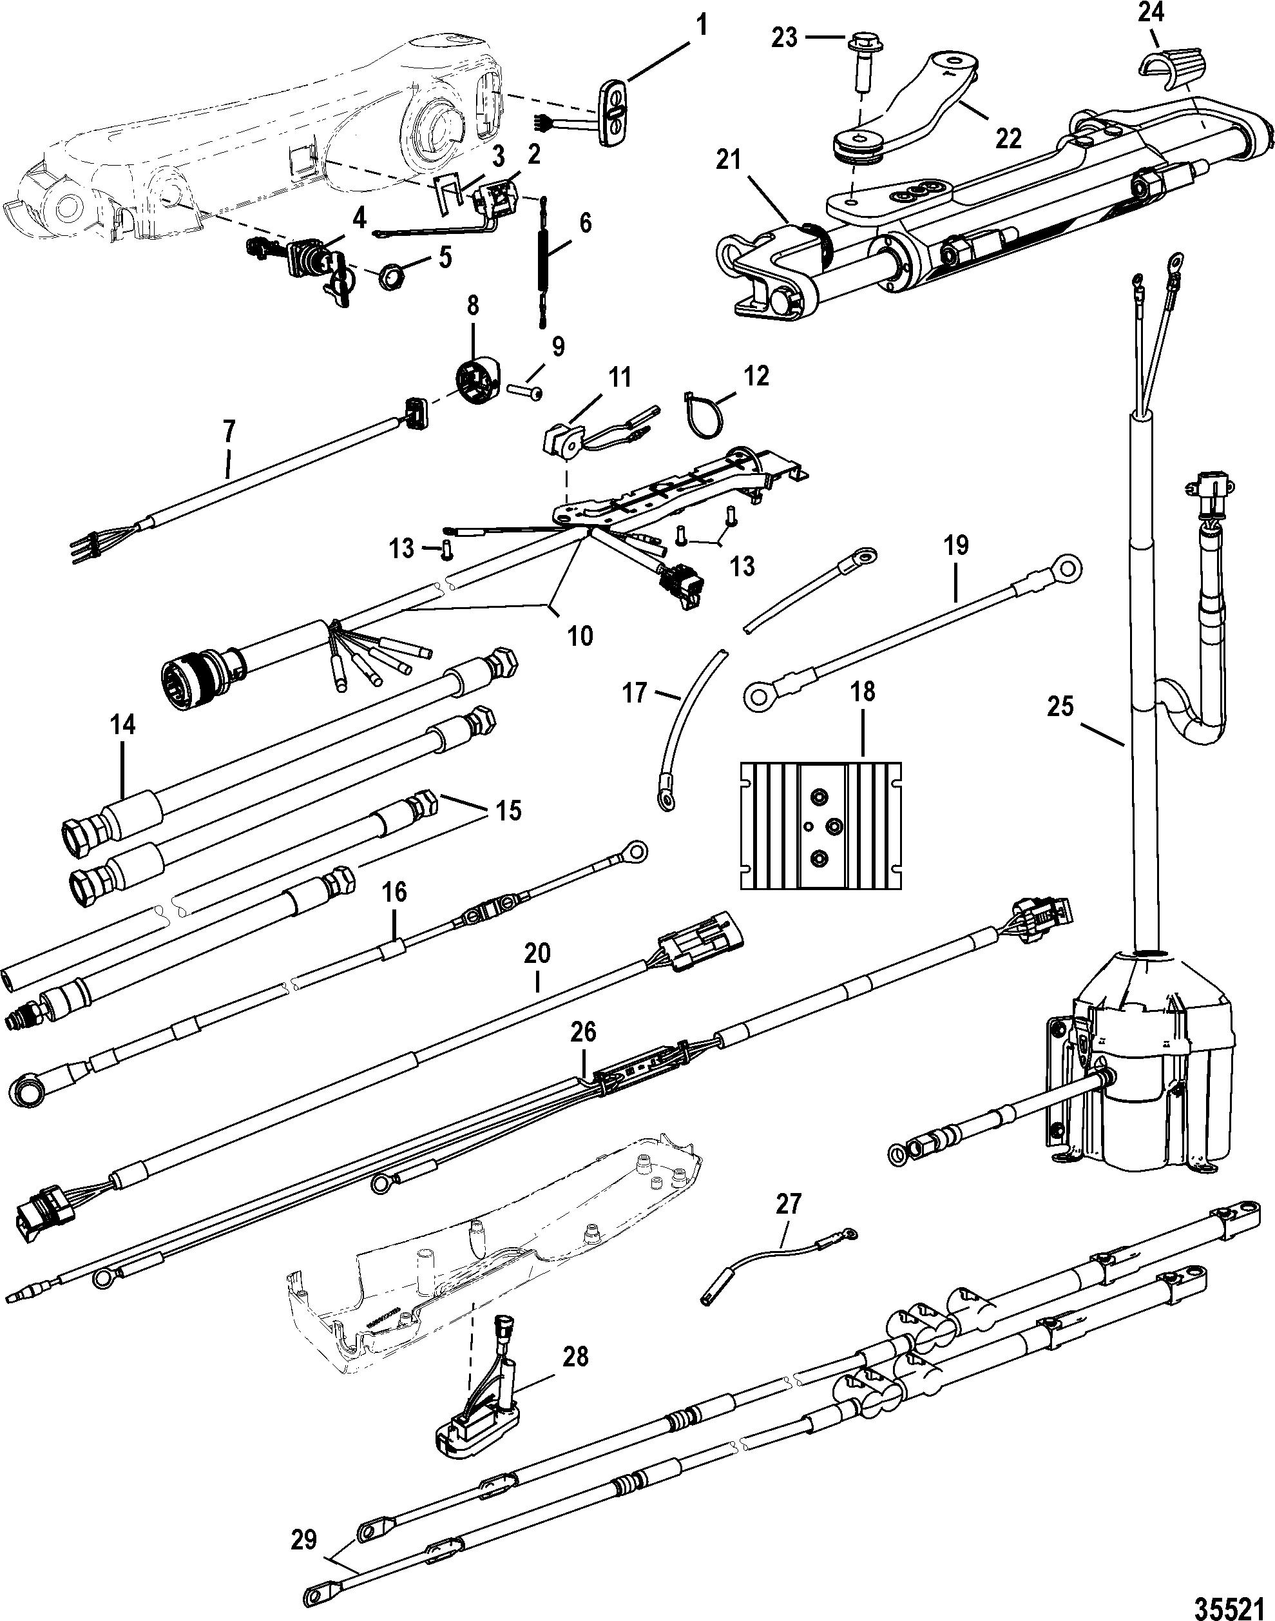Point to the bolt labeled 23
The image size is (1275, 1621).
[860, 61]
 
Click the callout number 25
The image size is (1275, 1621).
[1060, 706]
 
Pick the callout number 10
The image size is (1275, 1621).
[580, 636]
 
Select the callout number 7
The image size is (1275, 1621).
[229, 429]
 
